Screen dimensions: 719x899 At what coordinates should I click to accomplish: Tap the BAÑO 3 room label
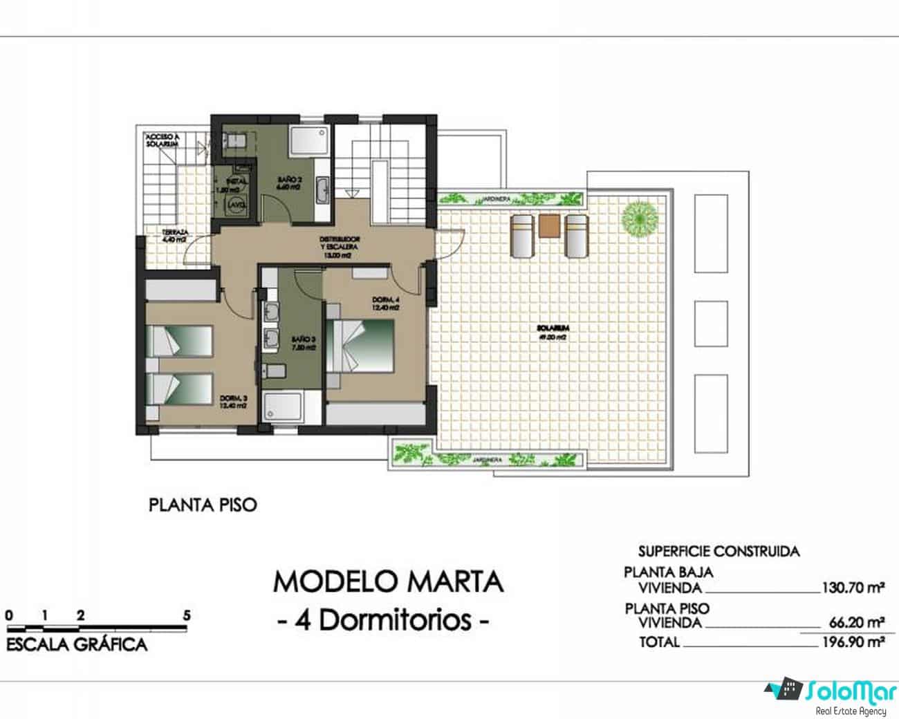pos(304,344)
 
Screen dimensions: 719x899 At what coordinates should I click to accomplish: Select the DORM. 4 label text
pos(385,303)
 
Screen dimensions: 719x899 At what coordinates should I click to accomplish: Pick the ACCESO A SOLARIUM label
pos(163,140)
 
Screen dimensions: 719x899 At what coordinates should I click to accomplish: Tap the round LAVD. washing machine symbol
pos(237,204)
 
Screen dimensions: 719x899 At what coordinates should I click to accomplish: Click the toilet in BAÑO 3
pos(275,371)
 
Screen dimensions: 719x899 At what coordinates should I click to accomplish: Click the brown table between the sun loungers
pos(549,226)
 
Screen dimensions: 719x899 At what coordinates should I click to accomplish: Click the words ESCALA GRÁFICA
pos(77,645)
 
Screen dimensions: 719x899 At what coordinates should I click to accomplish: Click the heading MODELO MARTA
pos(388,582)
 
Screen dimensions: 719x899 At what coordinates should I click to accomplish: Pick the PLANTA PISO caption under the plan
pos(203,505)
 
